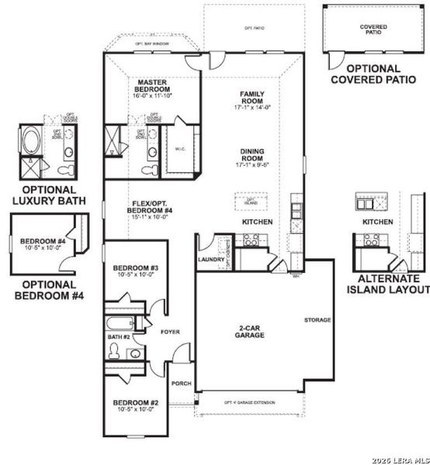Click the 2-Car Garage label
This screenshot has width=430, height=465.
(251, 332)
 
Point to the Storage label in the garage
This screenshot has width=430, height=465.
(317, 320)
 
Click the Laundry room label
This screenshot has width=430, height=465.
(210, 260)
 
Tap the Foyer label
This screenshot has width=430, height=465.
(170, 332)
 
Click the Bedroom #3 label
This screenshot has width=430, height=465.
(130, 270)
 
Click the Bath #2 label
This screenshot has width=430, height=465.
(117, 337)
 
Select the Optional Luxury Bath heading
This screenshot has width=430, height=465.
(48, 195)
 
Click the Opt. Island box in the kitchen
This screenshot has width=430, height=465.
(250, 201)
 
